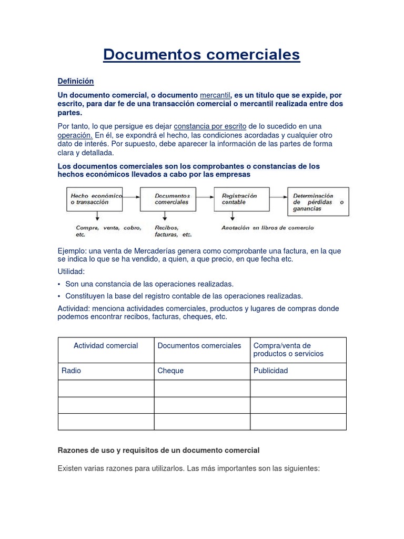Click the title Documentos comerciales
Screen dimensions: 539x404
(x=201, y=55)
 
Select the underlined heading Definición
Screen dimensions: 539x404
(x=75, y=81)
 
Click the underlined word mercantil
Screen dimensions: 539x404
(x=215, y=95)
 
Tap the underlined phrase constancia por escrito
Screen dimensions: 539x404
(x=210, y=126)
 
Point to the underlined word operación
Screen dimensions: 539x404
(x=75, y=135)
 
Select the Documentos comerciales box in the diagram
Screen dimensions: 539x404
(x=168, y=198)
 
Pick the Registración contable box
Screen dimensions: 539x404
(x=240, y=198)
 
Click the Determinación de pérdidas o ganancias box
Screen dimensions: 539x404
(x=318, y=202)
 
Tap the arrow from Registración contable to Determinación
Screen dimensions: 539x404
(x=277, y=196)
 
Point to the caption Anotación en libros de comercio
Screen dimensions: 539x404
(x=267, y=228)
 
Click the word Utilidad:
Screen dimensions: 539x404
(x=71, y=272)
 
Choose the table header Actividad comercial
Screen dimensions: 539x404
(x=106, y=346)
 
